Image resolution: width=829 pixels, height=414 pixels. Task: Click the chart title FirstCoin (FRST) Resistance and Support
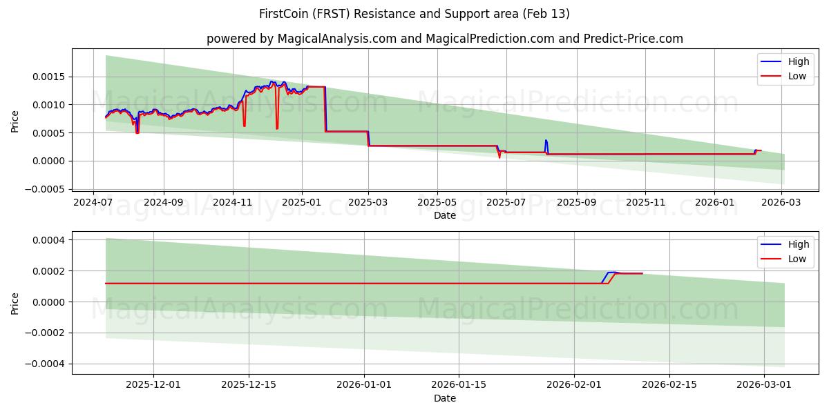click(414, 14)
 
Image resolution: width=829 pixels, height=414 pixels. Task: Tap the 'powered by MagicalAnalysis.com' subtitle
click(444, 39)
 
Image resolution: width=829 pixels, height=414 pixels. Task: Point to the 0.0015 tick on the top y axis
click(50, 77)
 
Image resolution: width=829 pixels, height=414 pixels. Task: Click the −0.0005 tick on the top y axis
click(47, 189)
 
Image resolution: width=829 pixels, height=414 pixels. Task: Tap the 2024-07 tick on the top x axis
click(93, 204)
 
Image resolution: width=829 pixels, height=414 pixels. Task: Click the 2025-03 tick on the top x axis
click(368, 204)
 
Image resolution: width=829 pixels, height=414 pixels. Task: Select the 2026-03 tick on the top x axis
click(781, 204)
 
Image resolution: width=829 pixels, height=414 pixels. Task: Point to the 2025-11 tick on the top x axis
click(645, 204)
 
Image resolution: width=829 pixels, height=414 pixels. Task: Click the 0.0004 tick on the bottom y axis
click(50, 240)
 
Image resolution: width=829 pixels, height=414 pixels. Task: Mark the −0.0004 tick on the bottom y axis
click(47, 364)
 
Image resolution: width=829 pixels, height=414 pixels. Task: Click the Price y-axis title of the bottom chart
click(15, 303)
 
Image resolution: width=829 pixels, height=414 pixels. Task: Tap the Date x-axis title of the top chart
click(444, 215)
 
